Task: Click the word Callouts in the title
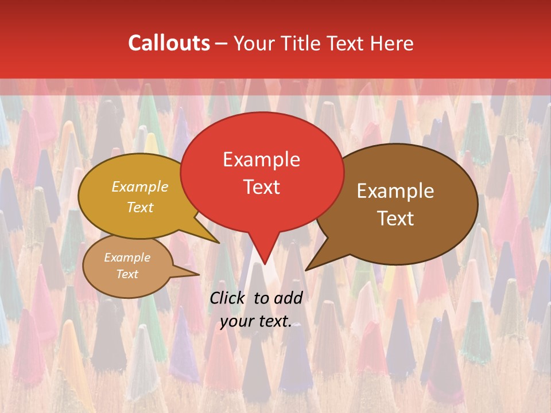click(169, 43)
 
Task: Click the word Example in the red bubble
click(261, 159)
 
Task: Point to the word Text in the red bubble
click(261, 187)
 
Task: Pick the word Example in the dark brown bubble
click(395, 191)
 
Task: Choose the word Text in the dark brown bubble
click(395, 219)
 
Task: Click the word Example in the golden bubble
click(140, 186)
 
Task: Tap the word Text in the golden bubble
click(140, 207)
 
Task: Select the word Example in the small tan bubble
click(127, 258)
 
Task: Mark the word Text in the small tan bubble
click(127, 274)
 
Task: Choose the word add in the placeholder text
click(289, 298)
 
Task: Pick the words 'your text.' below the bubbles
click(256, 322)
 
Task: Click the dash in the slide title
click(222, 43)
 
